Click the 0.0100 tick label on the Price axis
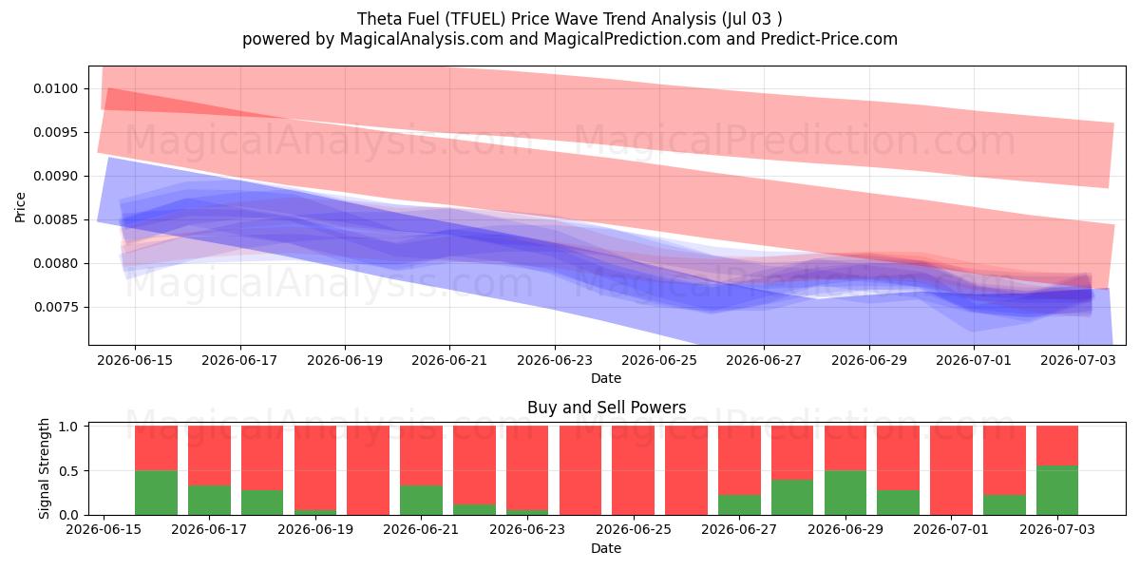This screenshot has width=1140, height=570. pos(56,89)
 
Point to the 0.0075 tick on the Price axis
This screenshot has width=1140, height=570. pos(56,308)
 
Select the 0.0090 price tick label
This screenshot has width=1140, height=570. pos(56,176)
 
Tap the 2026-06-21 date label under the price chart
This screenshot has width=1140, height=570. pos(449,360)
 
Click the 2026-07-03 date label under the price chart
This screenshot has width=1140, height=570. pos(1078,360)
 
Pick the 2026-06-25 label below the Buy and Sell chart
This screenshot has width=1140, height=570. pos(634,529)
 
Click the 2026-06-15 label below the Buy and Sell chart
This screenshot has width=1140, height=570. pos(104,529)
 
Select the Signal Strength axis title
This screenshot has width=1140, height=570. pos(45,468)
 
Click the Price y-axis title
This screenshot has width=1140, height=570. pos(20,207)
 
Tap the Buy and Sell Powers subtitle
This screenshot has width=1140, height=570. pos(607,408)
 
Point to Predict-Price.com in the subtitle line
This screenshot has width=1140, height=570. pos(829,39)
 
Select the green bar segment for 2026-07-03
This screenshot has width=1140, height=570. pos(1057,490)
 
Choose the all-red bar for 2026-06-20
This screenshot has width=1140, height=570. pos(368,470)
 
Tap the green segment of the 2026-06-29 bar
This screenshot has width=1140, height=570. pos(845,493)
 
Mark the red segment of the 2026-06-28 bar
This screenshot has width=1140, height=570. pos(792,452)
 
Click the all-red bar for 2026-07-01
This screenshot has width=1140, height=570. pos(951,470)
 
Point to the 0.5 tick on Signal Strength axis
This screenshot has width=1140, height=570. pos(68,471)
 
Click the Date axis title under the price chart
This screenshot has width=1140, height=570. pos(606,379)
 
